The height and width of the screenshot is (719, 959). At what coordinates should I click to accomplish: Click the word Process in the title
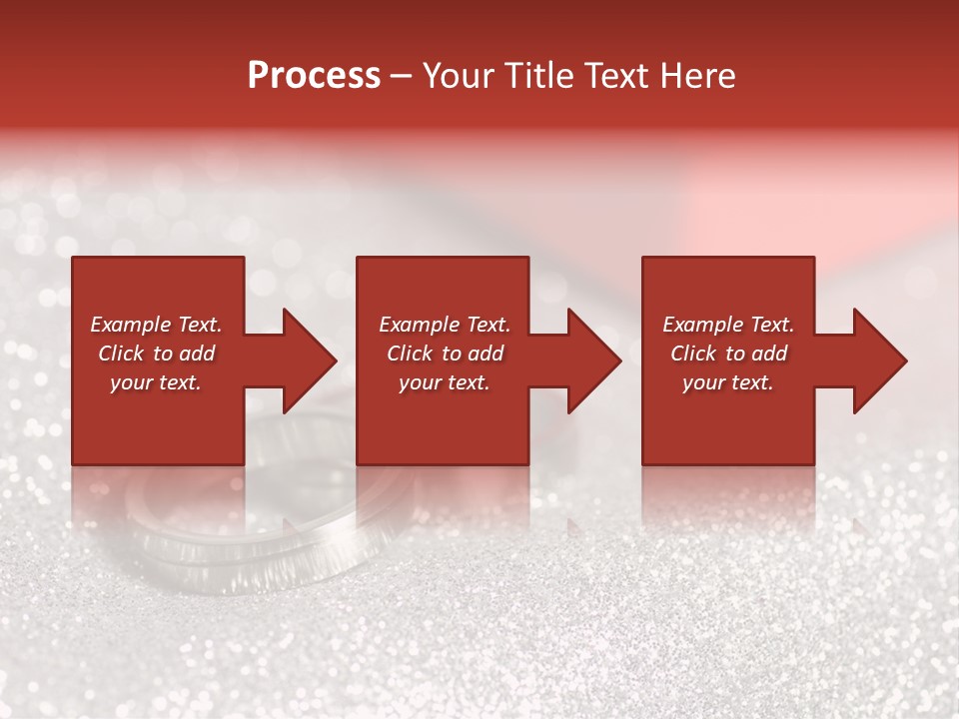click(314, 76)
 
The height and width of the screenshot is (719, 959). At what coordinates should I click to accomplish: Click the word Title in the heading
click(541, 76)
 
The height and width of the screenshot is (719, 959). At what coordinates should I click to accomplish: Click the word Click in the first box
click(122, 354)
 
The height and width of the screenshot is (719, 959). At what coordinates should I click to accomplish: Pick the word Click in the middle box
click(411, 354)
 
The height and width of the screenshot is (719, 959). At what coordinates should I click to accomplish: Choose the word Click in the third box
click(694, 354)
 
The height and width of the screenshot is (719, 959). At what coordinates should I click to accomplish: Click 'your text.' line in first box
click(156, 382)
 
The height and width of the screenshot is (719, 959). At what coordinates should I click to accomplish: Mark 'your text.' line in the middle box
click(444, 382)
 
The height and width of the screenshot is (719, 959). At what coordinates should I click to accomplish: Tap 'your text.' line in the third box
click(728, 382)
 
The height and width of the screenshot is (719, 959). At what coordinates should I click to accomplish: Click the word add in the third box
click(769, 354)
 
